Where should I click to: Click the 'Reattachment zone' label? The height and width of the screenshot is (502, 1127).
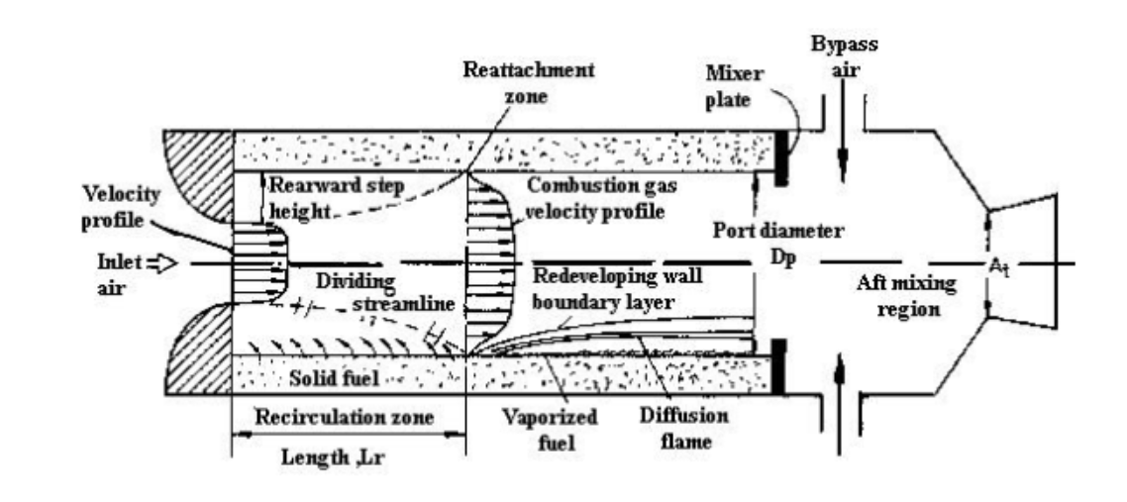point(528,82)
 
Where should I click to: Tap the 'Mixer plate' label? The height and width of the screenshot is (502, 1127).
point(735,85)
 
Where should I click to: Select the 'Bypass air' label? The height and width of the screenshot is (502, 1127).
point(844,56)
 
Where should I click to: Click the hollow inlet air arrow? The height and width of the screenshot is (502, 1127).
point(161,264)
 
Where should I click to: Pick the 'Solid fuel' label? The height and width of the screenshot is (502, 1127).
point(334,378)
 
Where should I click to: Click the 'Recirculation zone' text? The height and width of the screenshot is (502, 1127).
point(345,417)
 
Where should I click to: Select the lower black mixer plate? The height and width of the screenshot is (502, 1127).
point(778,366)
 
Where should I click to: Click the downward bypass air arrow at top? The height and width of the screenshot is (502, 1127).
point(843,155)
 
